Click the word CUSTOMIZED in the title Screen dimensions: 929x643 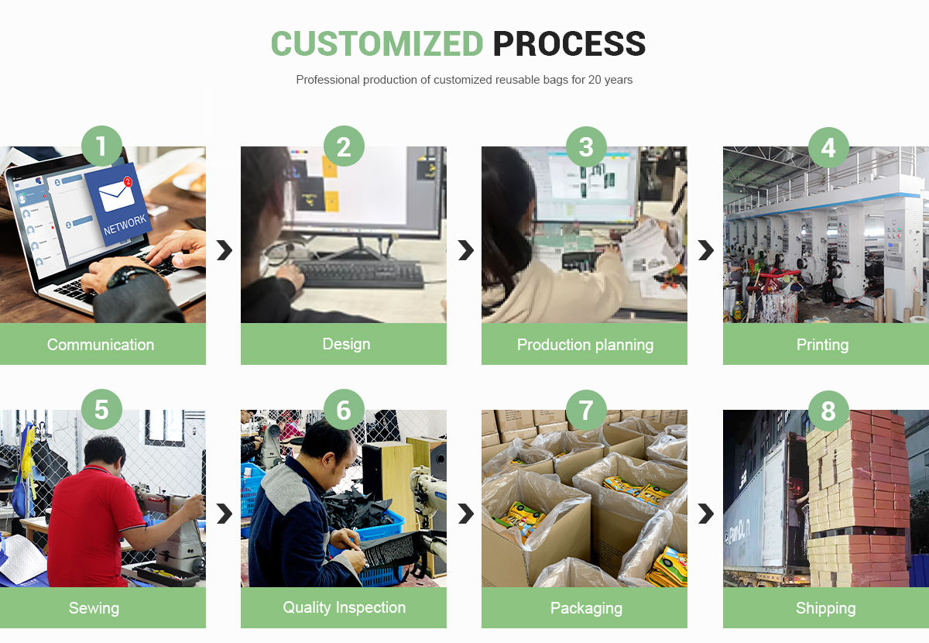pyautogui.click(x=377, y=44)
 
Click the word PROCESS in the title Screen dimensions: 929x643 pyautogui.click(x=569, y=44)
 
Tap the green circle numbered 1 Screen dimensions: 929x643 pyautogui.click(x=101, y=146)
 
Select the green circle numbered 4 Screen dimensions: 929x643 pyautogui.click(x=828, y=146)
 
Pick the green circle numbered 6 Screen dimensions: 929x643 pyautogui.click(x=344, y=410)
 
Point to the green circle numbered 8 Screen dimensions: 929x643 pyautogui.click(x=828, y=410)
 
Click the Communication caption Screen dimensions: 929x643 pyautogui.click(x=101, y=345)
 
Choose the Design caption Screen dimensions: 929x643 pyautogui.click(x=346, y=344)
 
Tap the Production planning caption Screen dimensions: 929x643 pyautogui.click(x=585, y=345)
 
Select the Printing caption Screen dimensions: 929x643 pyautogui.click(x=822, y=345)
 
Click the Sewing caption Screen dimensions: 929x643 pyautogui.click(x=94, y=608)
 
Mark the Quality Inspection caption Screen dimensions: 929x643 pyautogui.click(x=344, y=607)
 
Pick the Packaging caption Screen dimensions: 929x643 pyautogui.click(x=586, y=608)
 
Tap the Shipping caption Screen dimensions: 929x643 pyautogui.click(x=825, y=608)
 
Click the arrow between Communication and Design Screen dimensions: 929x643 pyautogui.click(x=224, y=250)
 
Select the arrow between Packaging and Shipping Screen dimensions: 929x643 pyautogui.click(x=705, y=514)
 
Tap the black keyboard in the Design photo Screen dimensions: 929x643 pyautogui.click(x=360, y=273)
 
